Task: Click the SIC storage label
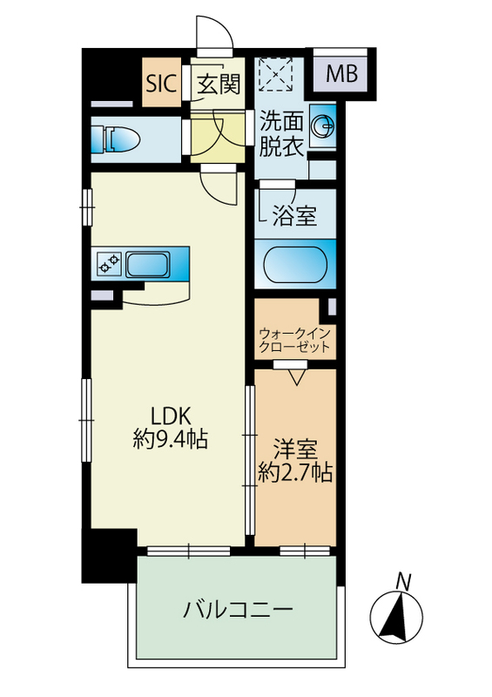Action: click(161, 84)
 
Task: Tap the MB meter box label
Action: click(341, 75)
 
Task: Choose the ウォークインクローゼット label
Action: click(294, 339)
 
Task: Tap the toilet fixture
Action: click(118, 139)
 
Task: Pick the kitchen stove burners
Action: click(110, 262)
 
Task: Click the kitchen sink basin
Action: click(151, 263)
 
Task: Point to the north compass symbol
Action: click(399, 617)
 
